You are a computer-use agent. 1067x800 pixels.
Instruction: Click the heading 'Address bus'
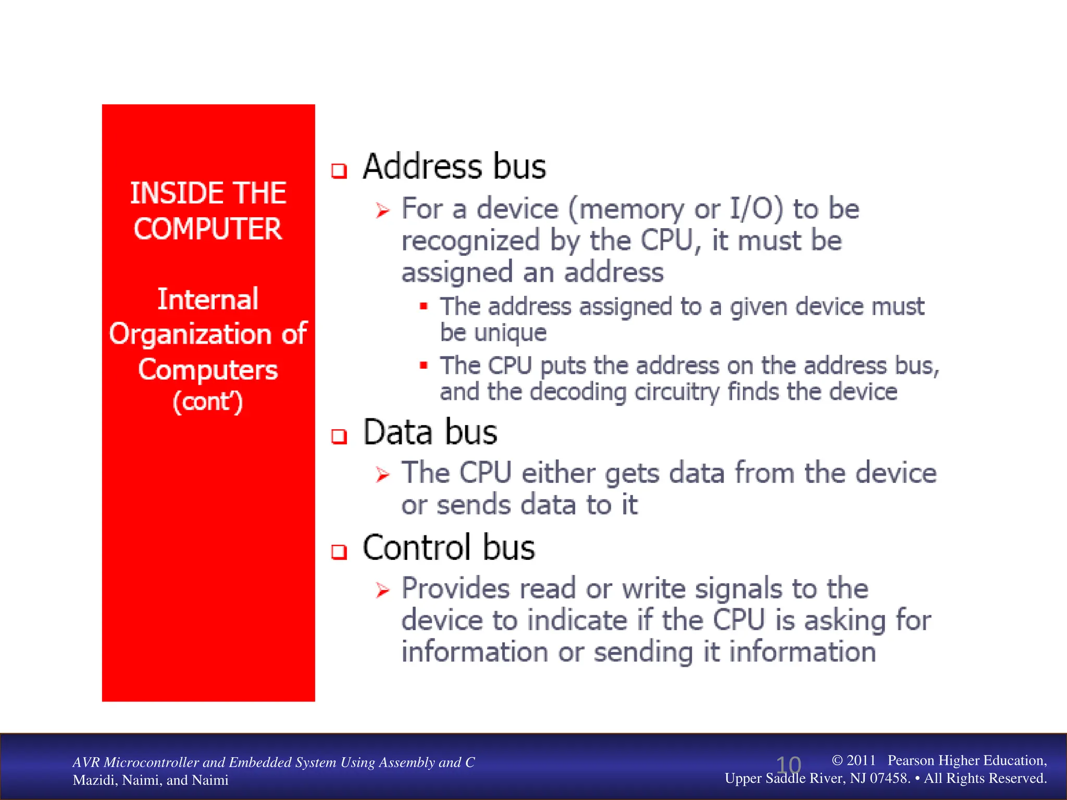(454, 167)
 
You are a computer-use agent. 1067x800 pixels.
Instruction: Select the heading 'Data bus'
(430, 432)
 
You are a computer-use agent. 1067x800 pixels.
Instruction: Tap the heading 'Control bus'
(449, 548)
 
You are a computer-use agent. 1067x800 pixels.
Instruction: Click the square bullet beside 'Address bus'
(339, 171)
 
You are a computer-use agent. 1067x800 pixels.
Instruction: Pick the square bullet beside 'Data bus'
(339, 436)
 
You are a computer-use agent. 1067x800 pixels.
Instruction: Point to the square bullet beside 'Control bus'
(339, 552)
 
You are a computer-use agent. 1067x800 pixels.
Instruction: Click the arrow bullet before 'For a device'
(382, 210)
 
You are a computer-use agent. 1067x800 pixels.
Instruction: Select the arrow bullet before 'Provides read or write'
(382, 590)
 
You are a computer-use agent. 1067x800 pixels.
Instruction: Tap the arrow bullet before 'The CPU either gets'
(382, 474)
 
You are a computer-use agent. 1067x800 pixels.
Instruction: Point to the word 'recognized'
(470, 241)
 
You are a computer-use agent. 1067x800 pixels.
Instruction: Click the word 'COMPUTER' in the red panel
(208, 229)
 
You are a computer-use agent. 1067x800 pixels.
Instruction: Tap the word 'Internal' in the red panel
(208, 299)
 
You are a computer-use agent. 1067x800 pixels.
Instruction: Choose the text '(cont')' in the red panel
(208, 402)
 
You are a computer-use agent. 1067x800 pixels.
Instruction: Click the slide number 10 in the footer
(788, 765)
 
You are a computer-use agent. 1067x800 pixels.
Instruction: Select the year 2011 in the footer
(861, 760)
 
